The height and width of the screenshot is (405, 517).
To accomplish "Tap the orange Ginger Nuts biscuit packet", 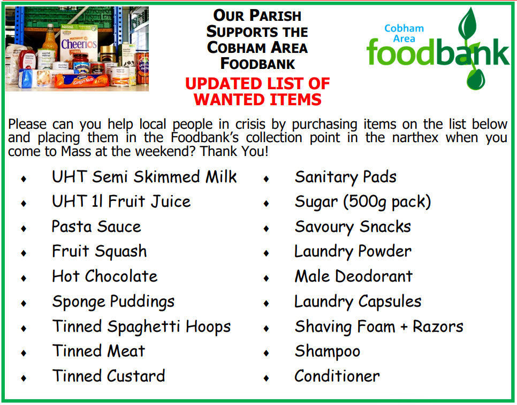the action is tap(82, 80).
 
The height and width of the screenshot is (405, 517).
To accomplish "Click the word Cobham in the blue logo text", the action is tap(404, 28).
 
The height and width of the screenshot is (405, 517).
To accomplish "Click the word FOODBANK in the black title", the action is tap(257, 64).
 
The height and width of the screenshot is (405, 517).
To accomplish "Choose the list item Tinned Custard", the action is tap(109, 376).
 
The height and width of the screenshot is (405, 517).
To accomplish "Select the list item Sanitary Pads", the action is tap(346, 177).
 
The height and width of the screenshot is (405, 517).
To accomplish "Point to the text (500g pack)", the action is tap(387, 202).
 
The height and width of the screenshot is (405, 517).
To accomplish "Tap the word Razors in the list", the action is tap(438, 326).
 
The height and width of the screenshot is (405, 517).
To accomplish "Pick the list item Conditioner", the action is tap(337, 376).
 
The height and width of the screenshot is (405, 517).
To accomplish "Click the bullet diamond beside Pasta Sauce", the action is tap(24, 228).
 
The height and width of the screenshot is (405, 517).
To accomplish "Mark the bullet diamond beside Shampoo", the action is tap(267, 353).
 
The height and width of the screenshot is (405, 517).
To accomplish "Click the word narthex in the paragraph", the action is tap(415, 138).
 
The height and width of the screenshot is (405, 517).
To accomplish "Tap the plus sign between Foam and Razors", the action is tap(404, 327).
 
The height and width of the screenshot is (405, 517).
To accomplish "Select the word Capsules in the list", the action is tap(390, 301).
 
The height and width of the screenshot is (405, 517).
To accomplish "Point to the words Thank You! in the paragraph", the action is tap(234, 151).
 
